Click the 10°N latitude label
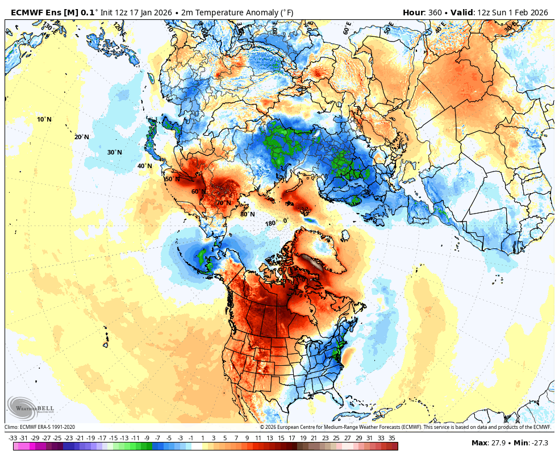pyautogui.click(x=44, y=119)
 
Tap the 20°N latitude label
pyautogui.click(x=81, y=137)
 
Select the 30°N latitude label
pyautogui.click(x=115, y=152)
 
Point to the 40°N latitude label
pyautogui.click(x=144, y=166)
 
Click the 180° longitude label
pyautogui.click(x=271, y=223)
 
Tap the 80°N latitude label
pyautogui.click(x=247, y=214)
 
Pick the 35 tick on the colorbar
pyautogui.click(x=392, y=437)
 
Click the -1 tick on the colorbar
pyautogui.click(x=191, y=437)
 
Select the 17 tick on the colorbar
pyautogui.click(x=291, y=437)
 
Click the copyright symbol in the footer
pyautogui.click(x=262, y=427)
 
